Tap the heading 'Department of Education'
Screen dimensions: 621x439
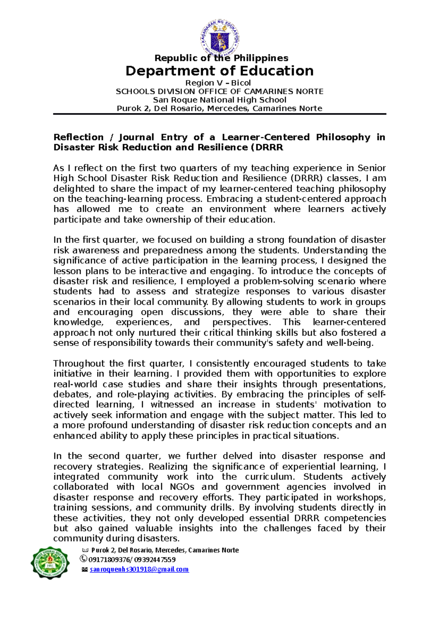pyautogui.click(x=219, y=71)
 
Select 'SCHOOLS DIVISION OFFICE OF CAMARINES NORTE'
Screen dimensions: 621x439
pyautogui.click(x=219, y=91)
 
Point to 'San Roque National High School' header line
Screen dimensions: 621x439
pyautogui.click(x=219, y=100)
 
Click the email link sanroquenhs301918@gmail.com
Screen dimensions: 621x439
pyautogui.click(x=139, y=569)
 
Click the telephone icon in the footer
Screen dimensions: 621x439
pyautogui.click(x=83, y=559)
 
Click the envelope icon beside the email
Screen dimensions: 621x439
pyautogui.click(x=85, y=570)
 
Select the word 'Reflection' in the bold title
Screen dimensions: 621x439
pyautogui.click(x=78, y=137)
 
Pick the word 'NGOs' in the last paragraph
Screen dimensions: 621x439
pyautogui.click(x=182, y=487)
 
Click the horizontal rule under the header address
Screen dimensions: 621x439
pyautogui.click(x=219, y=114)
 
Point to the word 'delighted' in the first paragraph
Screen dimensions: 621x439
pyautogui.click(x=74, y=189)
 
